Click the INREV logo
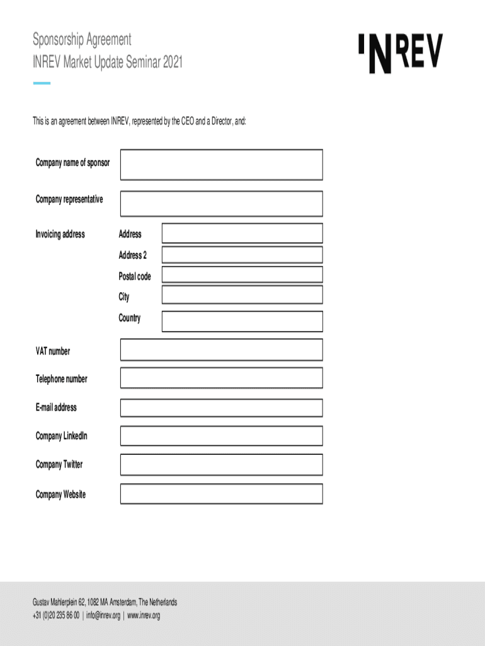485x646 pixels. tap(401, 53)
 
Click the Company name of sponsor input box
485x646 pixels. tap(221, 165)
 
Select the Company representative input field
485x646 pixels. tap(221, 204)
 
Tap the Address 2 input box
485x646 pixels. tap(242, 255)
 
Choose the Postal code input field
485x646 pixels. tap(242, 274)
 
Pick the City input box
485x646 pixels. tap(242, 295)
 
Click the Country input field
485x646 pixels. tap(242, 321)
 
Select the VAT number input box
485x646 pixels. tap(221, 349)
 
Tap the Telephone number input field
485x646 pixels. tap(221, 378)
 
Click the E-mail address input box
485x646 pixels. tap(221, 408)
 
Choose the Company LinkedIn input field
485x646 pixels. tap(221, 436)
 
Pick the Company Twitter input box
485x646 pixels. tap(221, 465)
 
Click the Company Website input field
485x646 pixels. tap(221, 494)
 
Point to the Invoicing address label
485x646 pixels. tap(60, 235)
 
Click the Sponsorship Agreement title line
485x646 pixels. tap(82, 40)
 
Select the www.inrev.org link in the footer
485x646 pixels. tap(144, 616)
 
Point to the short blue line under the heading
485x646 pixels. tap(42, 83)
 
